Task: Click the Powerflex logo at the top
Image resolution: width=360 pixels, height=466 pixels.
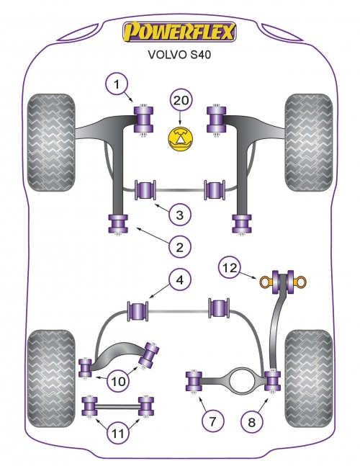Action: [x=179, y=32]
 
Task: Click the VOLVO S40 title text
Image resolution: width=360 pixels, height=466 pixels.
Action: [x=179, y=55]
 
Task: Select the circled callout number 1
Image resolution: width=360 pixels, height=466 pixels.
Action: [x=117, y=84]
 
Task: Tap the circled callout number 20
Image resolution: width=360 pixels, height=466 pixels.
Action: [x=181, y=100]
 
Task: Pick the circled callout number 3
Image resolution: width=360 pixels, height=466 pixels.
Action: [x=180, y=215]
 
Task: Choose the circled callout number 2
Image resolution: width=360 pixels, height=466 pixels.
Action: [x=180, y=246]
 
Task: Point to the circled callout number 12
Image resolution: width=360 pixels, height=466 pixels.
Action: [x=230, y=268]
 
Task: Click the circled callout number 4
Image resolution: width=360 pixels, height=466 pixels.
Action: [x=180, y=279]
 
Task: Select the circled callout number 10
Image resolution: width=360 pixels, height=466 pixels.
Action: [x=118, y=381]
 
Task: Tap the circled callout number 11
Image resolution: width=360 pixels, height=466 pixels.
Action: [x=118, y=434]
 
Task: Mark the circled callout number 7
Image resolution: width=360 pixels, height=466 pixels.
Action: [x=212, y=421]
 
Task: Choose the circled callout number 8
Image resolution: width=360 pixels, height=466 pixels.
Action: [x=251, y=422]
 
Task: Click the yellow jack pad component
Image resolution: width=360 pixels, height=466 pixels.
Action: [x=180, y=138]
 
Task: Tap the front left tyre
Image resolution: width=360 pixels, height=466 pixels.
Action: [x=51, y=143]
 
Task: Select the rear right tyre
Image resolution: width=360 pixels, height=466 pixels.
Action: [x=309, y=378]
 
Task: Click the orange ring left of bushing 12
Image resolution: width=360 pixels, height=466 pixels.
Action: [x=266, y=282]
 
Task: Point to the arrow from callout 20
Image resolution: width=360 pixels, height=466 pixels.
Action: [x=180, y=117]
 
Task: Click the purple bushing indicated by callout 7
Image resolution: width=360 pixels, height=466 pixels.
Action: [x=194, y=381]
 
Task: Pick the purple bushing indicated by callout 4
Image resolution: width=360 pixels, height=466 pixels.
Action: [x=138, y=310]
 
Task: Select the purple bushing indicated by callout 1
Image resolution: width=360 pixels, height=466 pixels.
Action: [x=144, y=120]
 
